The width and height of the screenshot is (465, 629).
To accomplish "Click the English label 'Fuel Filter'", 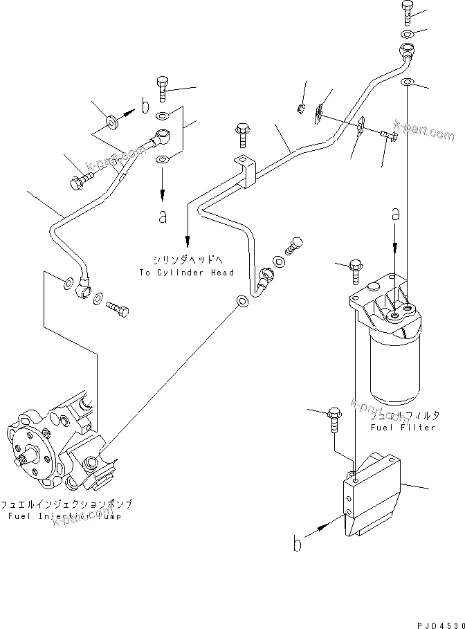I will click(402, 427).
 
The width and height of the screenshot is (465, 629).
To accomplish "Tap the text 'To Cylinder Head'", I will click(186, 272).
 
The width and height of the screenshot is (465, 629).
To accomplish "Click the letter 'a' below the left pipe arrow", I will click(163, 217).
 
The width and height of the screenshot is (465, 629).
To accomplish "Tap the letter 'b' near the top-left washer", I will click(145, 107).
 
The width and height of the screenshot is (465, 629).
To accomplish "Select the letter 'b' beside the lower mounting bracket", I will click(298, 545).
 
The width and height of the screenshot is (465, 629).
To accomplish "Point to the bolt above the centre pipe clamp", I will click(242, 134).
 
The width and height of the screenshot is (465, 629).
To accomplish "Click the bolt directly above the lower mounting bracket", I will click(334, 418).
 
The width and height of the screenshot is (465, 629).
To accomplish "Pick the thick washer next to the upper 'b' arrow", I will click(111, 124).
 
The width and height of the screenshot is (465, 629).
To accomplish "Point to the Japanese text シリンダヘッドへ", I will click(186, 261).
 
